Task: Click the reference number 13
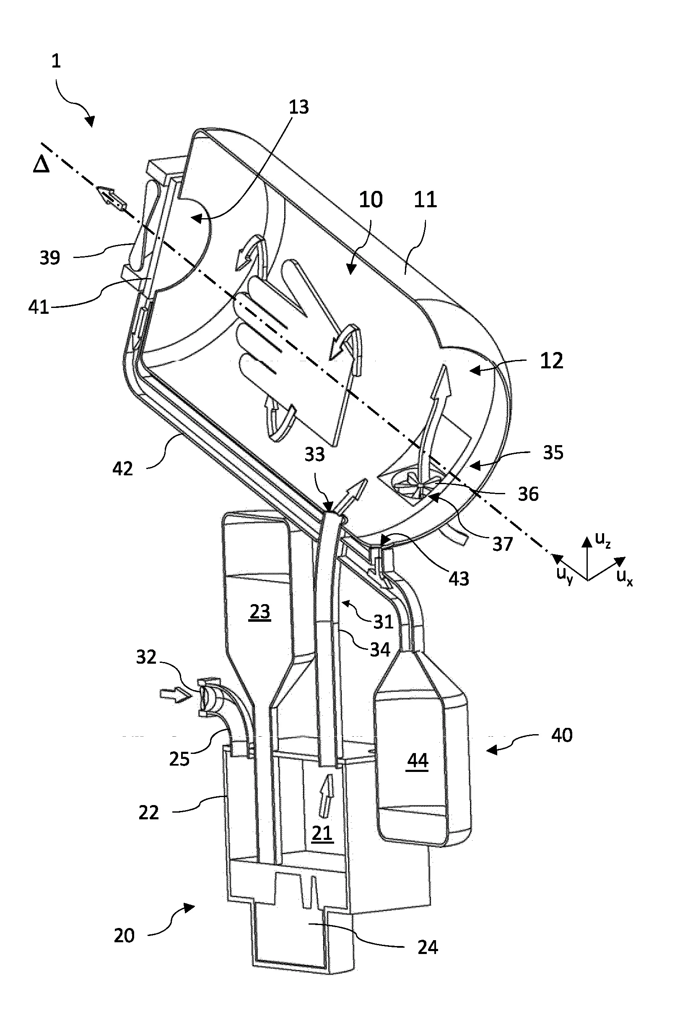click(299, 107)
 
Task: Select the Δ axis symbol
click(41, 165)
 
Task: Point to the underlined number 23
click(260, 612)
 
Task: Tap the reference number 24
click(427, 947)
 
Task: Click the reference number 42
click(122, 469)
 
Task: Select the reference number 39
click(49, 258)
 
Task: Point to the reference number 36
click(528, 494)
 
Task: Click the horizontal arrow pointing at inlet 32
click(175, 695)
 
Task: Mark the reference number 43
click(459, 579)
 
